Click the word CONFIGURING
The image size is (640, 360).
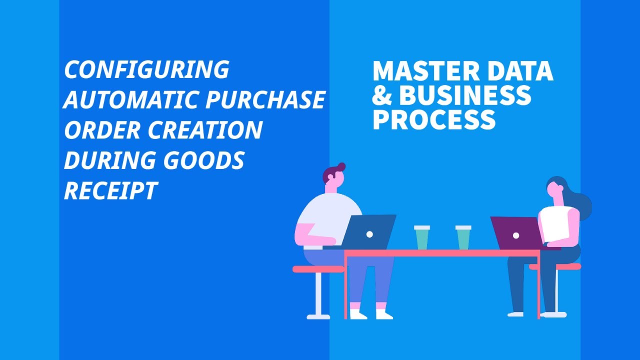pos(146,69)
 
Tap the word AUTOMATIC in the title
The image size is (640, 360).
pos(131,100)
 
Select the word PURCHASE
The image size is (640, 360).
pos(265,100)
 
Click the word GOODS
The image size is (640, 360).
pos(202,160)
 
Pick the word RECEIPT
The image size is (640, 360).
pos(111,190)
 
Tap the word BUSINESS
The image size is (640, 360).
pos(465,95)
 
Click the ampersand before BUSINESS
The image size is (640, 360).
pos(382,95)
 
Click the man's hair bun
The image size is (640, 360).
pos(341,166)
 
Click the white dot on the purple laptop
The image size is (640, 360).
pos(516,235)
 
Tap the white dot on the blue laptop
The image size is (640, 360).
pos(369,234)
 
